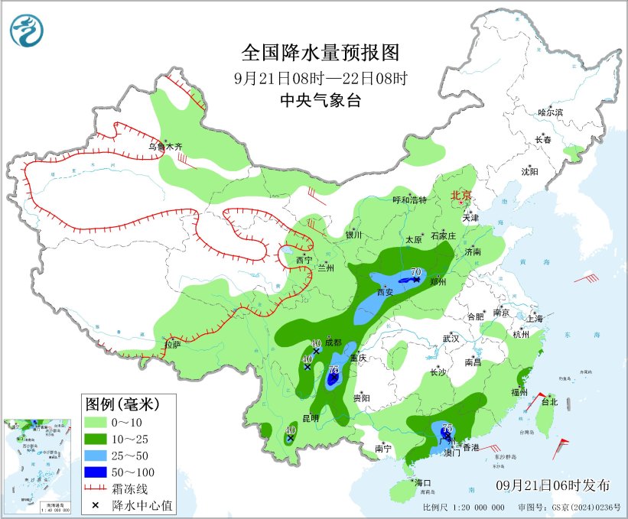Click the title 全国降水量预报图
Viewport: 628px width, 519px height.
click(x=321, y=52)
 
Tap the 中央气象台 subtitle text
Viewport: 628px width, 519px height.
click(x=321, y=99)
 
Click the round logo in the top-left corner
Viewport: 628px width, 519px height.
click(x=27, y=30)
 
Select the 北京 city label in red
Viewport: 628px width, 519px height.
click(x=463, y=196)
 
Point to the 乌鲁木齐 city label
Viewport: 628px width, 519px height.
click(x=165, y=145)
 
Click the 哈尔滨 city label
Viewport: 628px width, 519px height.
click(x=550, y=112)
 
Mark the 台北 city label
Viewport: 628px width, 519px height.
click(x=549, y=401)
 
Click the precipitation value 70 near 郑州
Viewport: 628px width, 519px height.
click(x=417, y=272)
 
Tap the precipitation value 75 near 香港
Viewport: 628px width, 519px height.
click(x=447, y=428)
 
